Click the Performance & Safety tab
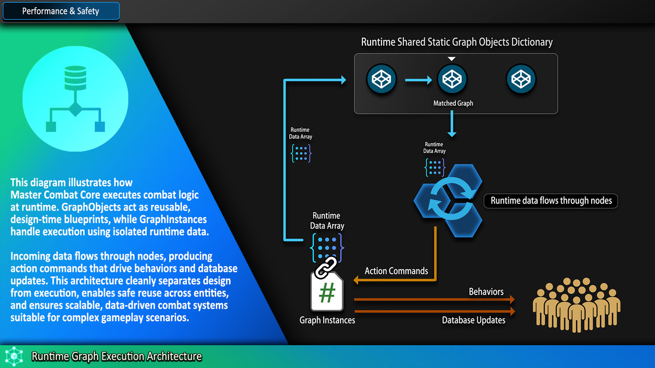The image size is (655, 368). tap(60, 11)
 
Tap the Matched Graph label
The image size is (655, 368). tap(453, 103)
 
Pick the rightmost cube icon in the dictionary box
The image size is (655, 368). tap(521, 80)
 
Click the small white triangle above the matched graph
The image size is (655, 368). tap(451, 59)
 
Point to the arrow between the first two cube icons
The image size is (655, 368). tap(418, 80)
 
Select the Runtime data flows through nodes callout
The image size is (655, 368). tap(551, 201)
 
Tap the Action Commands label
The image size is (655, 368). tap(396, 271)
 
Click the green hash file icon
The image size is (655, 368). tap(327, 293)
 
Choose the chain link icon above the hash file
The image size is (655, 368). tap(326, 267)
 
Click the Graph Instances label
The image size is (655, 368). tap(327, 320)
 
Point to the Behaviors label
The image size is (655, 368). tap(486, 292)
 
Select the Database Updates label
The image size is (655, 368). tap(474, 320)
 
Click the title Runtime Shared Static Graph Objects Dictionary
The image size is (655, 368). tap(457, 42)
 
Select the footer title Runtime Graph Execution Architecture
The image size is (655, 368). tap(117, 357)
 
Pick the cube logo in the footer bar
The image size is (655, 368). tap(13, 357)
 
